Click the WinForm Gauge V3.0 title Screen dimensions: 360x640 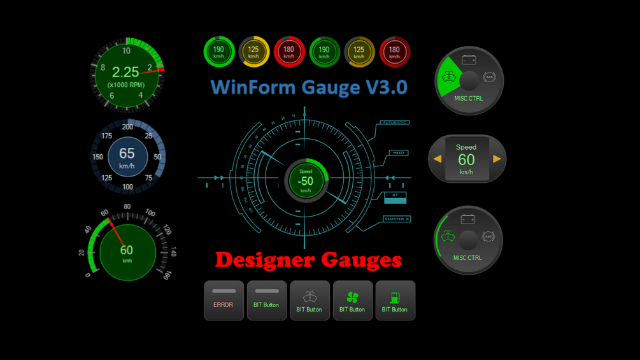tap(309, 87)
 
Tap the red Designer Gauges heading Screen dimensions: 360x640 tap(308, 259)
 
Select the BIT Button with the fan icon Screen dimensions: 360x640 tap(352, 300)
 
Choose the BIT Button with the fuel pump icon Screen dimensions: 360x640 tap(395, 300)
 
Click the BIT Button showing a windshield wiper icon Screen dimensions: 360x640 tap(309, 300)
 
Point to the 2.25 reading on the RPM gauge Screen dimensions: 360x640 tap(125, 72)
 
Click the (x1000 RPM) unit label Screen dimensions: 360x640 tap(125, 85)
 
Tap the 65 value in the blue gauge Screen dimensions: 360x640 tap(127, 154)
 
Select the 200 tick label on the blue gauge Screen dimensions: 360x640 tap(127, 127)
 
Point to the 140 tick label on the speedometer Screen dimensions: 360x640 tap(173, 253)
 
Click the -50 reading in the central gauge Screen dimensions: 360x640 tap(306, 181)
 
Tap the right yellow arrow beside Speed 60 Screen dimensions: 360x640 tap(497, 159)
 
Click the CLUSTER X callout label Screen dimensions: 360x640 tap(397, 219)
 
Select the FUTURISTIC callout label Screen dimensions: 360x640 tap(395, 122)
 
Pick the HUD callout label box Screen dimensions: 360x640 tap(399, 153)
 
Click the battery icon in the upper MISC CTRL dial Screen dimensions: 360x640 tap(469, 61)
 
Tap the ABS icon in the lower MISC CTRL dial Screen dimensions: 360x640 tap(489, 236)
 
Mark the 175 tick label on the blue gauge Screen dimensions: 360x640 tap(106, 136)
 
